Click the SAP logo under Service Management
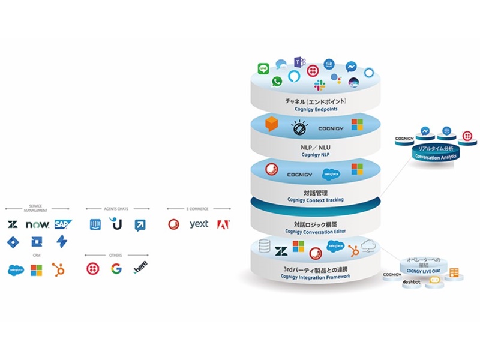pyautogui.click(x=63, y=225)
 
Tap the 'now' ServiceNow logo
pyautogui.click(x=37, y=225)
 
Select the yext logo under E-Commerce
pyautogui.click(x=199, y=225)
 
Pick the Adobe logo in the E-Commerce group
pyautogui.click(x=223, y=225)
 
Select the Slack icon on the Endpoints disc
pyautogui.click(x=319, y=85)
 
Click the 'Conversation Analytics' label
pyautogui.click(x=436, y=156)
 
